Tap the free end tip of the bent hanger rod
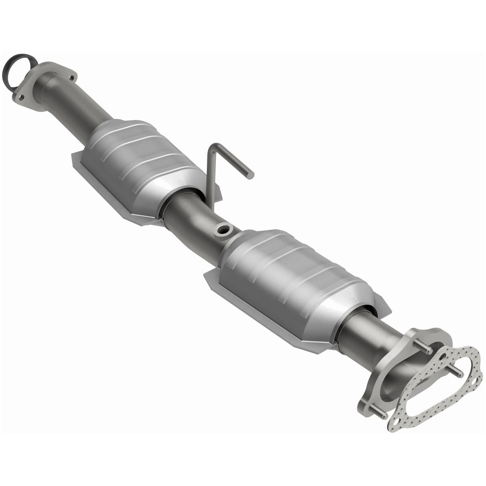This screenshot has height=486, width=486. point(251,175)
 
